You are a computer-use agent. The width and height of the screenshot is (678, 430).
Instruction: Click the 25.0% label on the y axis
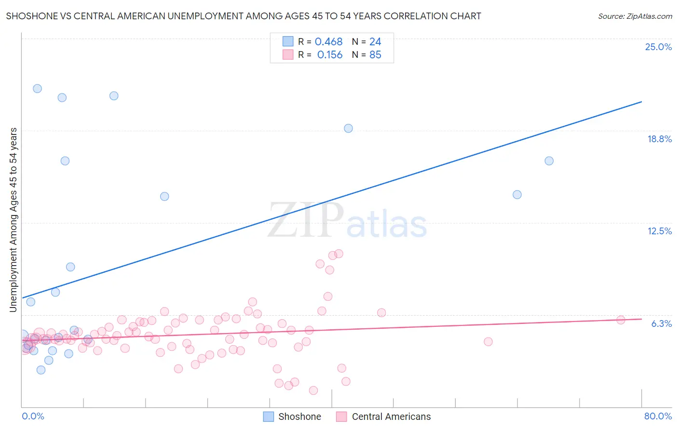pos(658,47)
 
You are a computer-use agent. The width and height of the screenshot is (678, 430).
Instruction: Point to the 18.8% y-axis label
pos(659,139)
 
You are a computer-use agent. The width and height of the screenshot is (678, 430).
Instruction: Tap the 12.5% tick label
pos(659,231)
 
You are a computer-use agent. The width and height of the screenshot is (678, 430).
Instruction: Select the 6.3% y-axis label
pos(661,323)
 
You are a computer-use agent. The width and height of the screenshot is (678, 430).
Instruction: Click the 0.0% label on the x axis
pos(33,416)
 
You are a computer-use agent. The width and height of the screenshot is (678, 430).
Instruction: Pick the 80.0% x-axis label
pos(658,416)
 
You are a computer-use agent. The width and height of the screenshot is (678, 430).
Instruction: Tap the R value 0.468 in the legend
pos(328,42)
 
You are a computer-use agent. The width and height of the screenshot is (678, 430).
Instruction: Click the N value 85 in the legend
pos(375,55)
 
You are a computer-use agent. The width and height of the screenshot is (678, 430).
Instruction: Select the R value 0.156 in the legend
pos(330,55)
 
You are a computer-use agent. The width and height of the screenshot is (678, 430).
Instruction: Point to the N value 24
pos(375,42)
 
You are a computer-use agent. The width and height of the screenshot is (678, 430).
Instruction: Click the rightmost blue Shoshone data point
pos(549,161)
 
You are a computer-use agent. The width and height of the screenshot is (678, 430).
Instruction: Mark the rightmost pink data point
pos(621,320)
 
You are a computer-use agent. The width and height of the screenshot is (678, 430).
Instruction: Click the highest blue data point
pos(37,89)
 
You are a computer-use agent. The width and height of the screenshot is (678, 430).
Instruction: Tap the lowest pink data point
pos(313,390)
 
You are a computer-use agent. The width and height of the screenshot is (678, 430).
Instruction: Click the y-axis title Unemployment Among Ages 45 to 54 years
pos(14,220)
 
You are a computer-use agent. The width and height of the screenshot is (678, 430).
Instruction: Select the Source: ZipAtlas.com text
pos(635,16)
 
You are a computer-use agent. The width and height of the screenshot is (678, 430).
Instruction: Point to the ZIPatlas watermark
pos(347,221)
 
